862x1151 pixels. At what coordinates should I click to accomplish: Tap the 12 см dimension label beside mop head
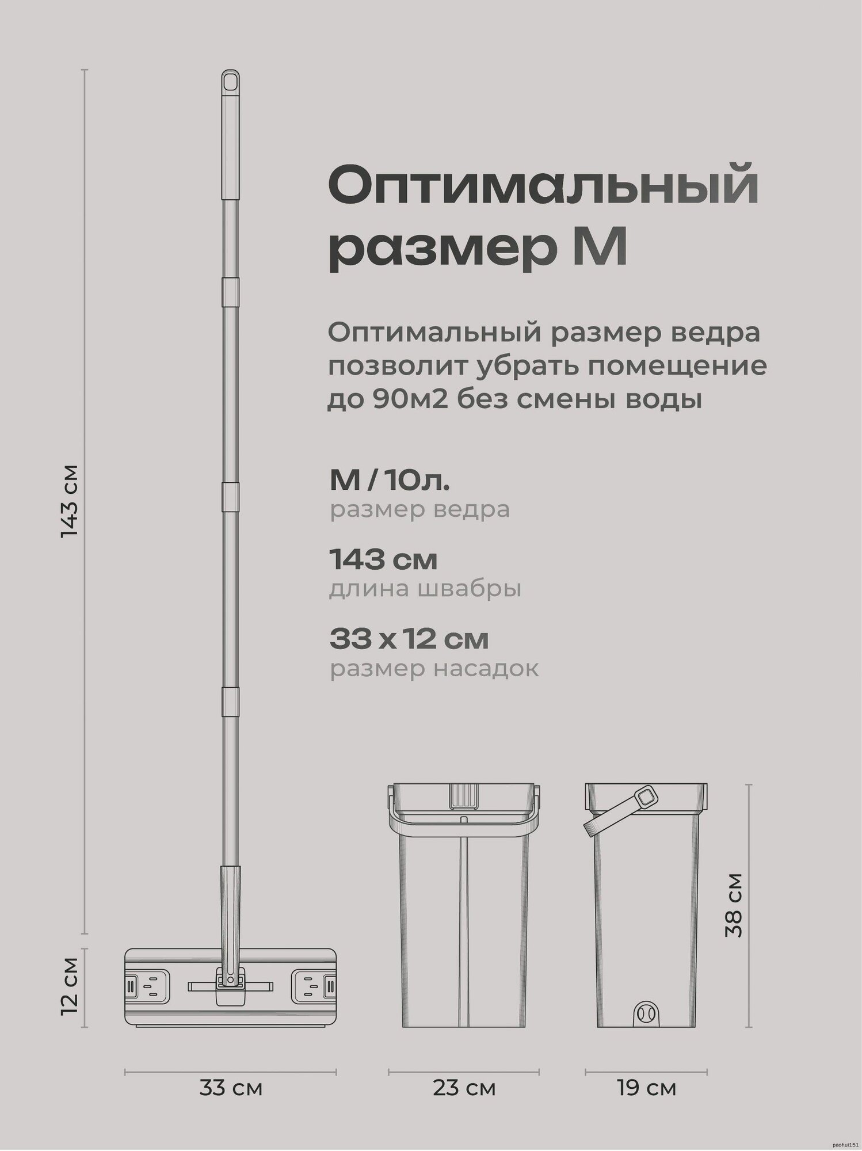(x=70, y=986)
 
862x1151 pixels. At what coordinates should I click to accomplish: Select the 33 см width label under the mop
(x=231, y=1088)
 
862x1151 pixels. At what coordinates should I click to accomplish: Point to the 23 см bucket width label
(x=463, y=1088)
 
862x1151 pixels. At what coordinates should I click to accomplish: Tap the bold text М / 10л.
(x=390, y=481)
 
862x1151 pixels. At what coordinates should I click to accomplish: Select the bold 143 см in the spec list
(x=383, y=560)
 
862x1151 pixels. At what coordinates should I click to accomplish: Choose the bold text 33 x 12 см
(x=409, y=639)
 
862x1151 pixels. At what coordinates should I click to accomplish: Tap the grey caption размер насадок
(x=434, y=669)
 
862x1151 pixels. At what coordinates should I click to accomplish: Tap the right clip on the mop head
(x=314, y=986)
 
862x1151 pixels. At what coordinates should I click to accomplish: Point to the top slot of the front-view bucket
(x=463, y=795)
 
